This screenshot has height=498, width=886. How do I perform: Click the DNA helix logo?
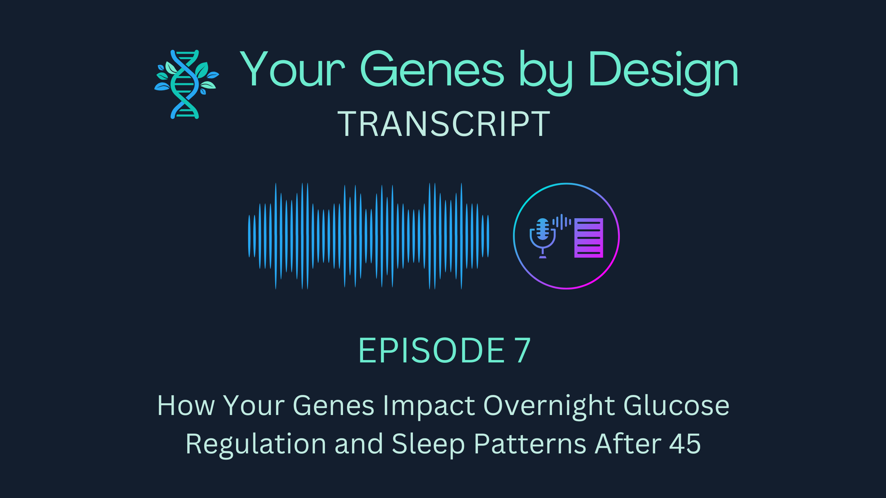click(x=186, y=84)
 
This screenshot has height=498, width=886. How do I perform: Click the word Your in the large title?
click(x=292, y=69)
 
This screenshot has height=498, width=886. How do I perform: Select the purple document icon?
click(x=588, y=238)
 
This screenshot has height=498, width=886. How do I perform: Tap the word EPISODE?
click(x=431, y=351)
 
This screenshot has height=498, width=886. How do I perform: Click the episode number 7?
click(x=522, y=351)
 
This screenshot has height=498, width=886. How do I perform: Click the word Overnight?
click(x=549, y=405)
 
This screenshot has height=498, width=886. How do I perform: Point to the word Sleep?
click(x=428, y=444)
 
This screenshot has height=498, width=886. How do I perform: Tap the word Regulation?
click(x=256, y=444)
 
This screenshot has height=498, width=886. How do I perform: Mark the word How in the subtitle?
click(x=186, y=405)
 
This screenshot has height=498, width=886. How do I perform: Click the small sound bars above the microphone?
click(x=561, y=222)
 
